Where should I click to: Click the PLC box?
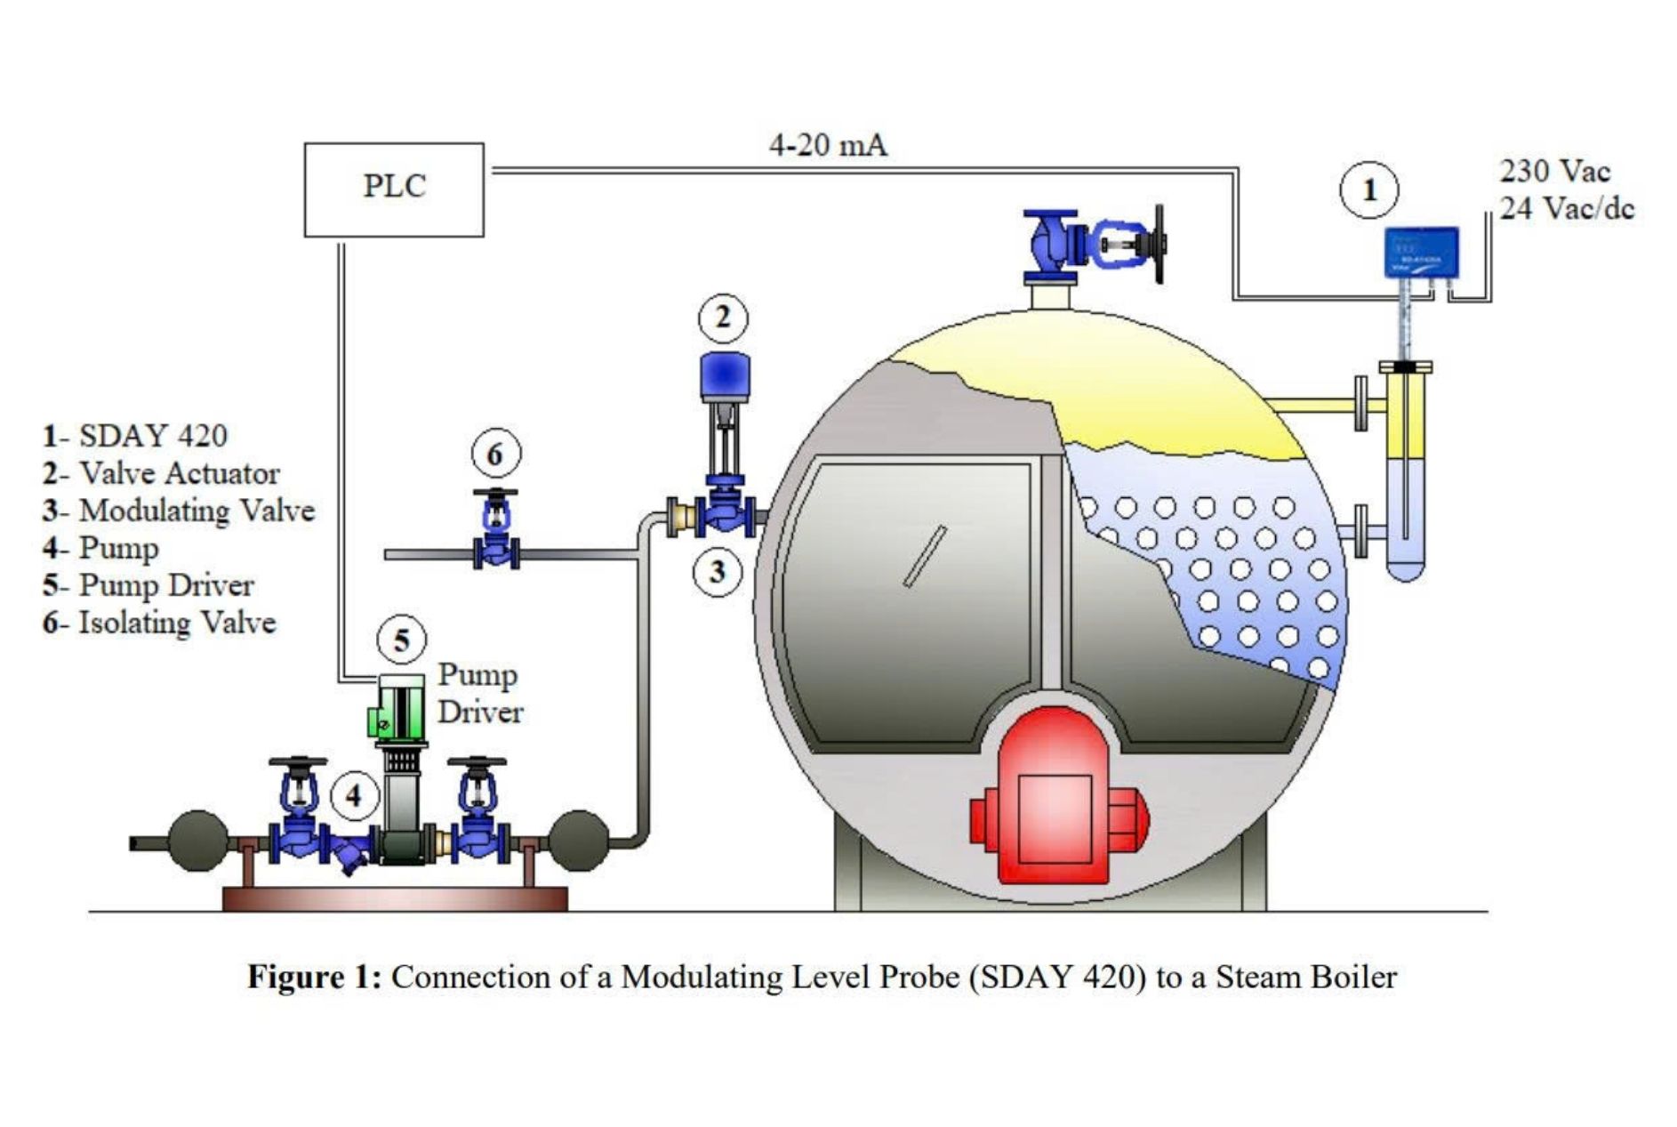(394, 189)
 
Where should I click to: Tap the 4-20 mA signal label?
(827, 145)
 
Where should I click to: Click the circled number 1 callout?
(1368, 190)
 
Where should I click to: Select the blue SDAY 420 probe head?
(1422, 251)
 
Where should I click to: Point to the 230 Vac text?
(1554, 171)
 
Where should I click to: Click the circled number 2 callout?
(722, 318)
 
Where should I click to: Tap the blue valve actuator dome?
(725, 374)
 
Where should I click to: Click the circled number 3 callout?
(717, 572)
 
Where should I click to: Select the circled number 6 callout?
(495, 455)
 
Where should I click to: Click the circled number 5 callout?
(401, 640)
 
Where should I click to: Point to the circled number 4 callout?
(354, 795)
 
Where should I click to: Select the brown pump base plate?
(394, 898)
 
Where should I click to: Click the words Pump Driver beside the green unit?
(479, 693)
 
